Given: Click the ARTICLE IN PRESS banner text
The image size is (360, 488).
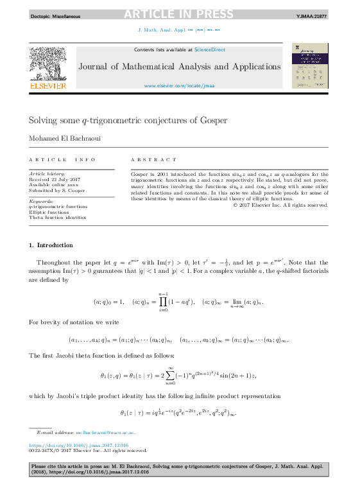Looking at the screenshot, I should click(178, 14).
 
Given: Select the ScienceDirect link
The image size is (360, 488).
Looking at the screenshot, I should click(209, 49).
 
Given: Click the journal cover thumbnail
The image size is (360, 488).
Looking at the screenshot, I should click(310, 65).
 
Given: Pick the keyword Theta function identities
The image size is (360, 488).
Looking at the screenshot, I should click(57, 218).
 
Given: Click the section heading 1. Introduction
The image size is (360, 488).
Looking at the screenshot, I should click(51, 245).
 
